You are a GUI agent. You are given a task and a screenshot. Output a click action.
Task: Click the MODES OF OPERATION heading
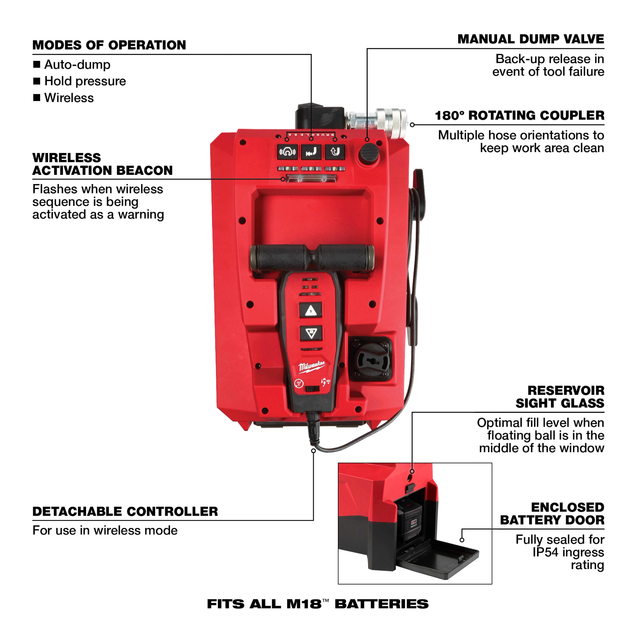[109, 45]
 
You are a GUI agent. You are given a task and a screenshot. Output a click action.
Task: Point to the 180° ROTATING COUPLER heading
[519, 116]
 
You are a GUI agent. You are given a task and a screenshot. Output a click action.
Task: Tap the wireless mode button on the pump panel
[287, 152]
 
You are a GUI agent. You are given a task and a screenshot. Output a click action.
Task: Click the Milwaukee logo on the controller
[312, 366]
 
